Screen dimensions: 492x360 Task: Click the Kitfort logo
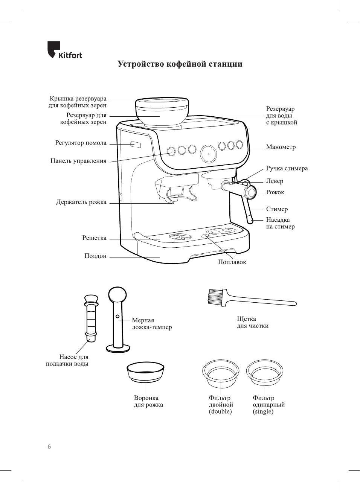tap(64, 50)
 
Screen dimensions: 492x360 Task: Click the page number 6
tap(49, 446)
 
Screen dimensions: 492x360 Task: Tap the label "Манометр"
tap(281, 147)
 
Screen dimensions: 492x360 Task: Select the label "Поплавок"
tap(232, 262)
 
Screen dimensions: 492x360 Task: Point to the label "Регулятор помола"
tap(81, 143)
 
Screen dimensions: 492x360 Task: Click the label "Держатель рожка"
tap(81, 202)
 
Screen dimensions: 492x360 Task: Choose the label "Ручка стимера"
tap(287, 168)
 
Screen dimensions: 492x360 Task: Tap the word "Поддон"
tap(95, 256)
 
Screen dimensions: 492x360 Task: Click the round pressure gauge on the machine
tap(208, 153)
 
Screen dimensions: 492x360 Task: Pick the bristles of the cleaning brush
tap(215, 296)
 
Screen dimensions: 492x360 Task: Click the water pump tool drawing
tap(91, 318)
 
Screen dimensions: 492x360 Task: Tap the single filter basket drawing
tap(264, 372)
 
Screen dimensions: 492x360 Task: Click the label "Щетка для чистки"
tap(252, 322)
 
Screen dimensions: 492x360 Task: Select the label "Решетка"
tap(94, 238)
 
